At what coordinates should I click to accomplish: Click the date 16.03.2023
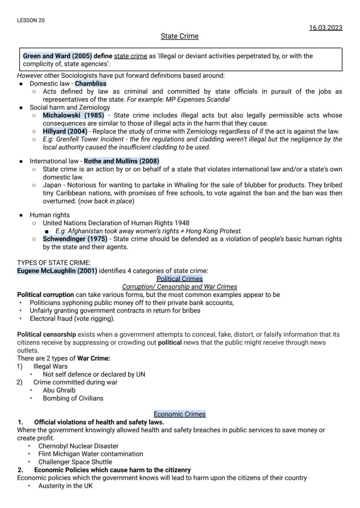(x=326, y=28)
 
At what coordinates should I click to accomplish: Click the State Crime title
(x=180, y=36)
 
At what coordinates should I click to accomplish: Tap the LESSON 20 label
(x=30, y=20)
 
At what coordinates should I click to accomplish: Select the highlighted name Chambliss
(x=90, y=83)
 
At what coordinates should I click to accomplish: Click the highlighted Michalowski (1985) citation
(x=73, y=116)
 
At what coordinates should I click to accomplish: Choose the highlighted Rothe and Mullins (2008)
(x=122, y=161)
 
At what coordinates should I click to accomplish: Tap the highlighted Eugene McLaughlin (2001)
(x=57, y=271)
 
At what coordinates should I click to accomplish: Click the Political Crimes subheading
(x=180, y=279)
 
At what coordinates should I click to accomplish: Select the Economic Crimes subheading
(x=180, y=414)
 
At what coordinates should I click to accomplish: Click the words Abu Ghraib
(x=59, y=390)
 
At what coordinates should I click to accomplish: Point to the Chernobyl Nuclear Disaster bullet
(x=78, y=446)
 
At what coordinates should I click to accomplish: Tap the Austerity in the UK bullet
(x=65, y=486)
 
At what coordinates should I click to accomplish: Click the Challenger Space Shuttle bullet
(x=75, y=462)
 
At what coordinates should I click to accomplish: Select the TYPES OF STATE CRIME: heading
(x=54, y=262)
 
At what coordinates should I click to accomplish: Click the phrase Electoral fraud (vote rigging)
(x=72, y=319)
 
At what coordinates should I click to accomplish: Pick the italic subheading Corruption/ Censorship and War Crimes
(x=180, y=287)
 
